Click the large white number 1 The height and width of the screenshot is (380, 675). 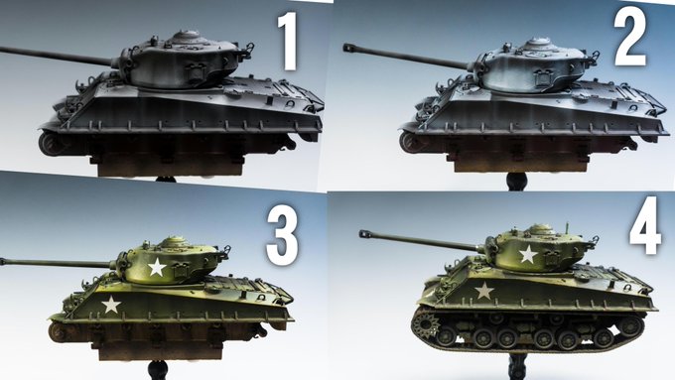tap(288, 41)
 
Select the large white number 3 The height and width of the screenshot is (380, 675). tap(282, 237)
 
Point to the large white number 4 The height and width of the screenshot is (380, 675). tap(645, 225)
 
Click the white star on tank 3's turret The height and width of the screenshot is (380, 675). tap(157, 267)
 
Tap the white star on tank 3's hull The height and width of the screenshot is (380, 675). tap(111, 305)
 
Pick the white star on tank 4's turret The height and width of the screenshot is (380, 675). tap(528, 254)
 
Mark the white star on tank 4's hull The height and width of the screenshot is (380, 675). tap(484, 291)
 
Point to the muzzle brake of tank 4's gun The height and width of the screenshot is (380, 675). tap(365, 234)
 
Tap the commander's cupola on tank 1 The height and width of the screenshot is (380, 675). tap(186, 37)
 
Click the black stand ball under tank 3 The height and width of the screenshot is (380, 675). tap(157, 370)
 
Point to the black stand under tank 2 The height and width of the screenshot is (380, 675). tap(517, 182)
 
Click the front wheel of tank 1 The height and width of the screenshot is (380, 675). tap(52, 144)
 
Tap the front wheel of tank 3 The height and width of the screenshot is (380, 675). tap(58, 332)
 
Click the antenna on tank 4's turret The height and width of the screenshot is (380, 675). tap(567, 227)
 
